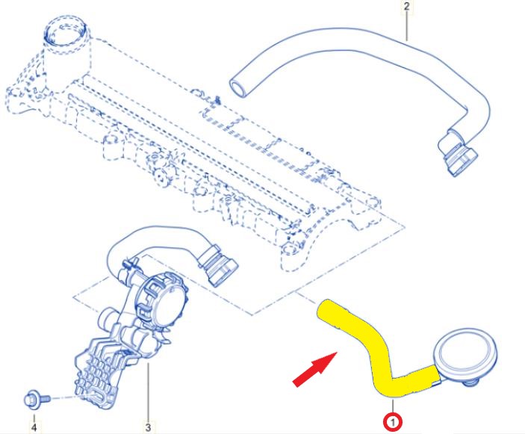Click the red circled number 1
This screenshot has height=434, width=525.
(x=393, y=422)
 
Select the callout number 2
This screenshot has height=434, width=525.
(x=407, y=6)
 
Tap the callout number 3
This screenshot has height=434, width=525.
(x=148, y=427)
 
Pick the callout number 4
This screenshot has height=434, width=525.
(x=34, y=427)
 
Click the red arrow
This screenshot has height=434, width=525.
(x=315, y=369)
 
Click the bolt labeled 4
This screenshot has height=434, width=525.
(x=37, y=399)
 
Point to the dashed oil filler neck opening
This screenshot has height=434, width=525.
(x=67, y=32)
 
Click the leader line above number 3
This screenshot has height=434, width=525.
(x=148, y=392)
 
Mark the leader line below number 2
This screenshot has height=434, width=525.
(x=407, y=26)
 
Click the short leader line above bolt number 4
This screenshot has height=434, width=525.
(x=34, y=417)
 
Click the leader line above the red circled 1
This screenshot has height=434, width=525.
(x=393, y=406)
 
